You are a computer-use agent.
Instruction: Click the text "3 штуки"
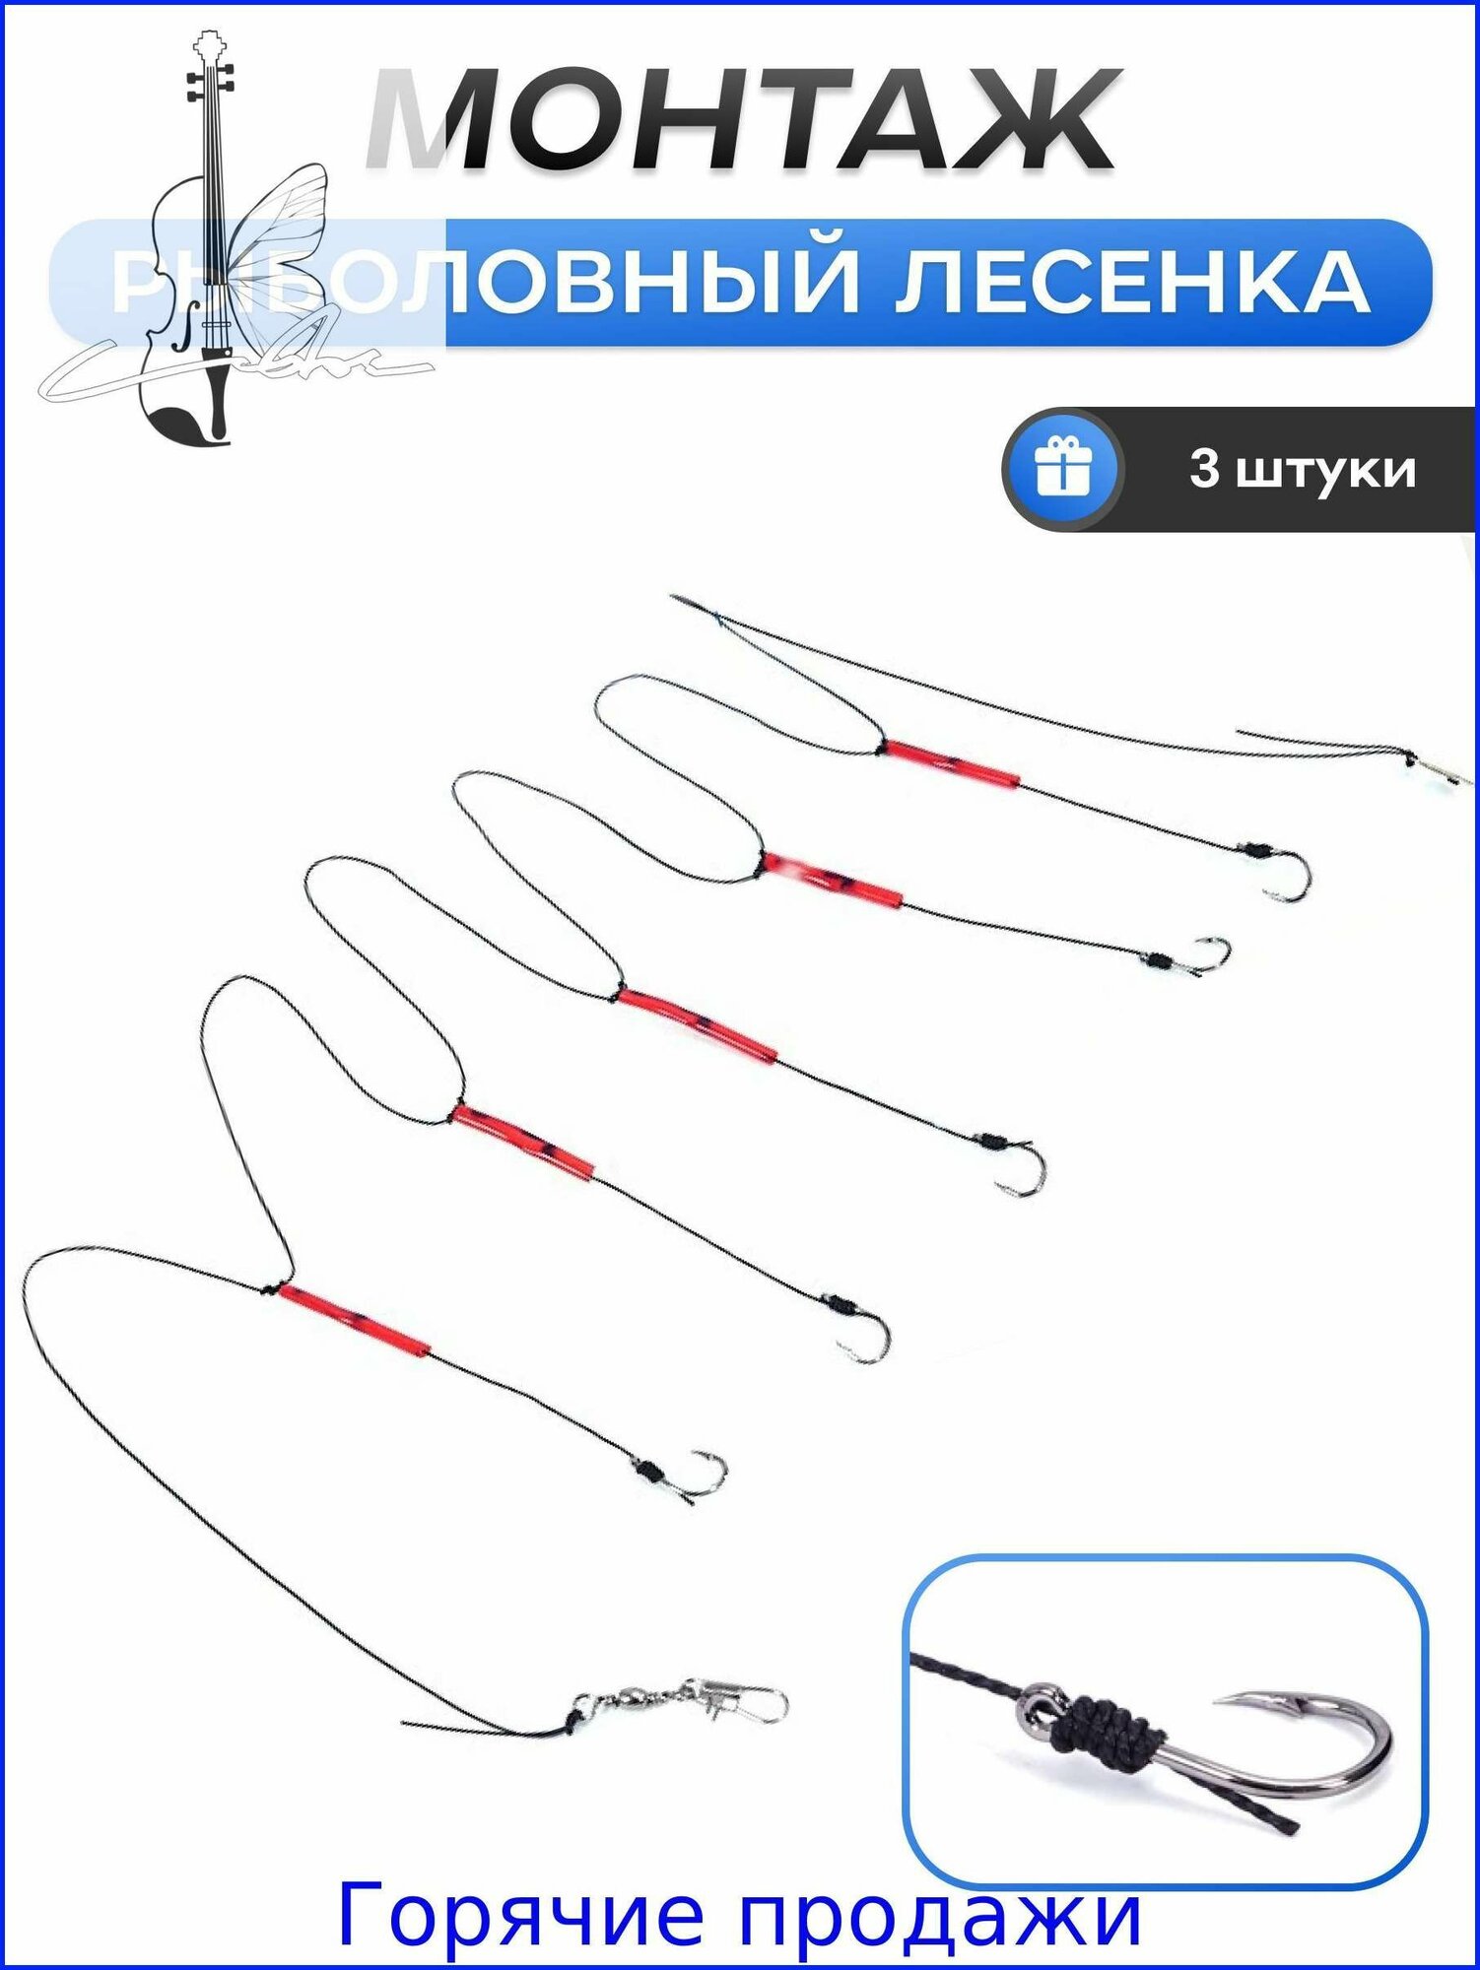coord(1302,470)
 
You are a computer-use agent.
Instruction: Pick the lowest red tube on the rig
coord(355,1321)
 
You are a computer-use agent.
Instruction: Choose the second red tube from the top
coord(833,880)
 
